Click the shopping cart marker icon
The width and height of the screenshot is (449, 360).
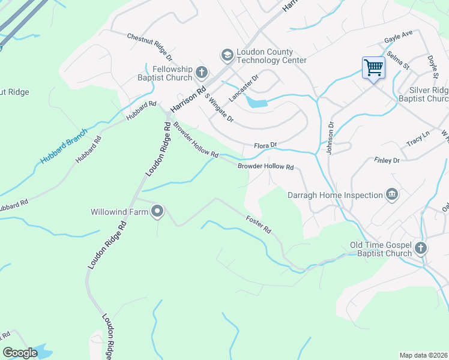coord(373,68)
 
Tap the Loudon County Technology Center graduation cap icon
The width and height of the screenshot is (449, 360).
coord(227,55)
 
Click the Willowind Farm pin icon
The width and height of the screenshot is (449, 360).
coord(158,211)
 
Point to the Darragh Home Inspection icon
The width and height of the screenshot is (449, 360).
coord(391,194)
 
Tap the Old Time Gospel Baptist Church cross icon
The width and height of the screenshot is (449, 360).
coord(421,248)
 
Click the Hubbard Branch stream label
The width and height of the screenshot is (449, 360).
coord(64,146)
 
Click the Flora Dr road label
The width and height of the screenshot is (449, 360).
coord(265,145)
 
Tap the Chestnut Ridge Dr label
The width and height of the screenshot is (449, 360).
coord(149,47)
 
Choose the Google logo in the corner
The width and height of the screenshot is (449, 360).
coord(20,353)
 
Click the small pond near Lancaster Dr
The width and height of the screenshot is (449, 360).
coord(257,103)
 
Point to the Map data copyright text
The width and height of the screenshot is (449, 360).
coord(423,355)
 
